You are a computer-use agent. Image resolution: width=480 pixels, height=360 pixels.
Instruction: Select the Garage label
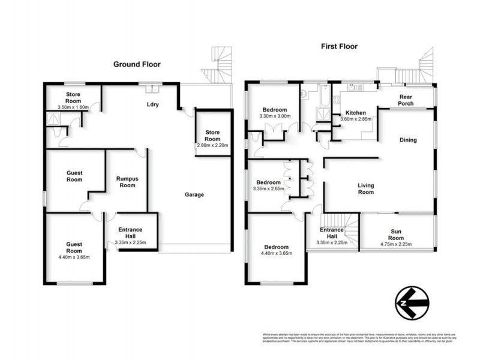(x=194, y=194)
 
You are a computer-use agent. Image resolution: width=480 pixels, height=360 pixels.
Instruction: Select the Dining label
(x=408, y=140)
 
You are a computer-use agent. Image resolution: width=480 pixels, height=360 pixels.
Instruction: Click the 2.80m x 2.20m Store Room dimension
(x=213, y=146)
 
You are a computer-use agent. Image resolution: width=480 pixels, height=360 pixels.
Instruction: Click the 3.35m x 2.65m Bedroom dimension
(x=269, y=189)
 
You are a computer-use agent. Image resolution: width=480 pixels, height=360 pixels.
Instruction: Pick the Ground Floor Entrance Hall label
(x=130, y=234)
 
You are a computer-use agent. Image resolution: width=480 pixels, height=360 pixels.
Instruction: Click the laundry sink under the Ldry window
(x=152, y=90)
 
